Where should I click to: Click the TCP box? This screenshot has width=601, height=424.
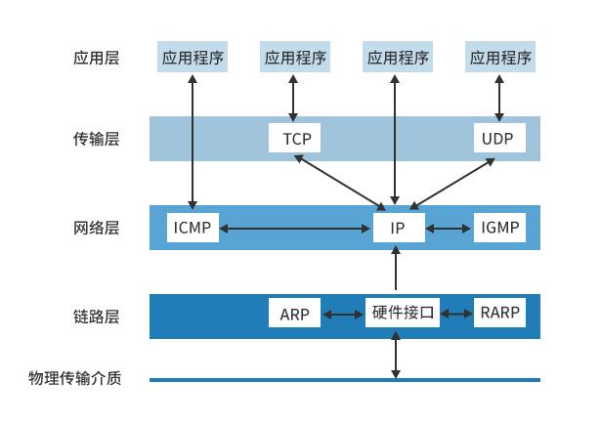[x=294, y=138]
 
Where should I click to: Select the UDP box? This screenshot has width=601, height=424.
[x=499, y=138]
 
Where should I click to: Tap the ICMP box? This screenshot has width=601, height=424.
[x=193, y=228]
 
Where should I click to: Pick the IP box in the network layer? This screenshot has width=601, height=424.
[x=399, y=228]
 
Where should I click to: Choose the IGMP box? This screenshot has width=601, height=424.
[x=499, y=228]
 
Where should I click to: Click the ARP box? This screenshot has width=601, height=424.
[x=294, y=313]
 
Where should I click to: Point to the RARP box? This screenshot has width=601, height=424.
[x=499, y=313]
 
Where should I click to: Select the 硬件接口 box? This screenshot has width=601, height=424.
[x=403, y=313]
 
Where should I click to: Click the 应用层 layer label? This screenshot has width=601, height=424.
[x=96, y=58]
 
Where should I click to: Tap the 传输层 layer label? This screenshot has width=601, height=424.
[x=96, y=139]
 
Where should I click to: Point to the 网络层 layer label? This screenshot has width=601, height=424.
[x=96, y=228]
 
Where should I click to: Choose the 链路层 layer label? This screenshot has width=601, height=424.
[x=96, y=317]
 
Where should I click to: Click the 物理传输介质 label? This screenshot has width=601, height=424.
[x=75, y=378]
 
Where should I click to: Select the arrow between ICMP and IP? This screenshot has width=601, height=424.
[x=294, y=229]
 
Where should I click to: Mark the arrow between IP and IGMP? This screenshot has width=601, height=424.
[x=449, y=229]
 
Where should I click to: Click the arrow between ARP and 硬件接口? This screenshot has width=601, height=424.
[x=343, y=315]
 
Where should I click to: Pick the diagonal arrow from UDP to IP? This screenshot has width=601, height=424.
[x=451, y=184]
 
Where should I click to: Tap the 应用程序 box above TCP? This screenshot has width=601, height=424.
[x=295, y=57]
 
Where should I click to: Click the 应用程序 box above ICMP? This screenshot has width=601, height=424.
[x=193, y=57]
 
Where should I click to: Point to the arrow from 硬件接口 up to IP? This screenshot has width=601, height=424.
[x=396, y=268]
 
